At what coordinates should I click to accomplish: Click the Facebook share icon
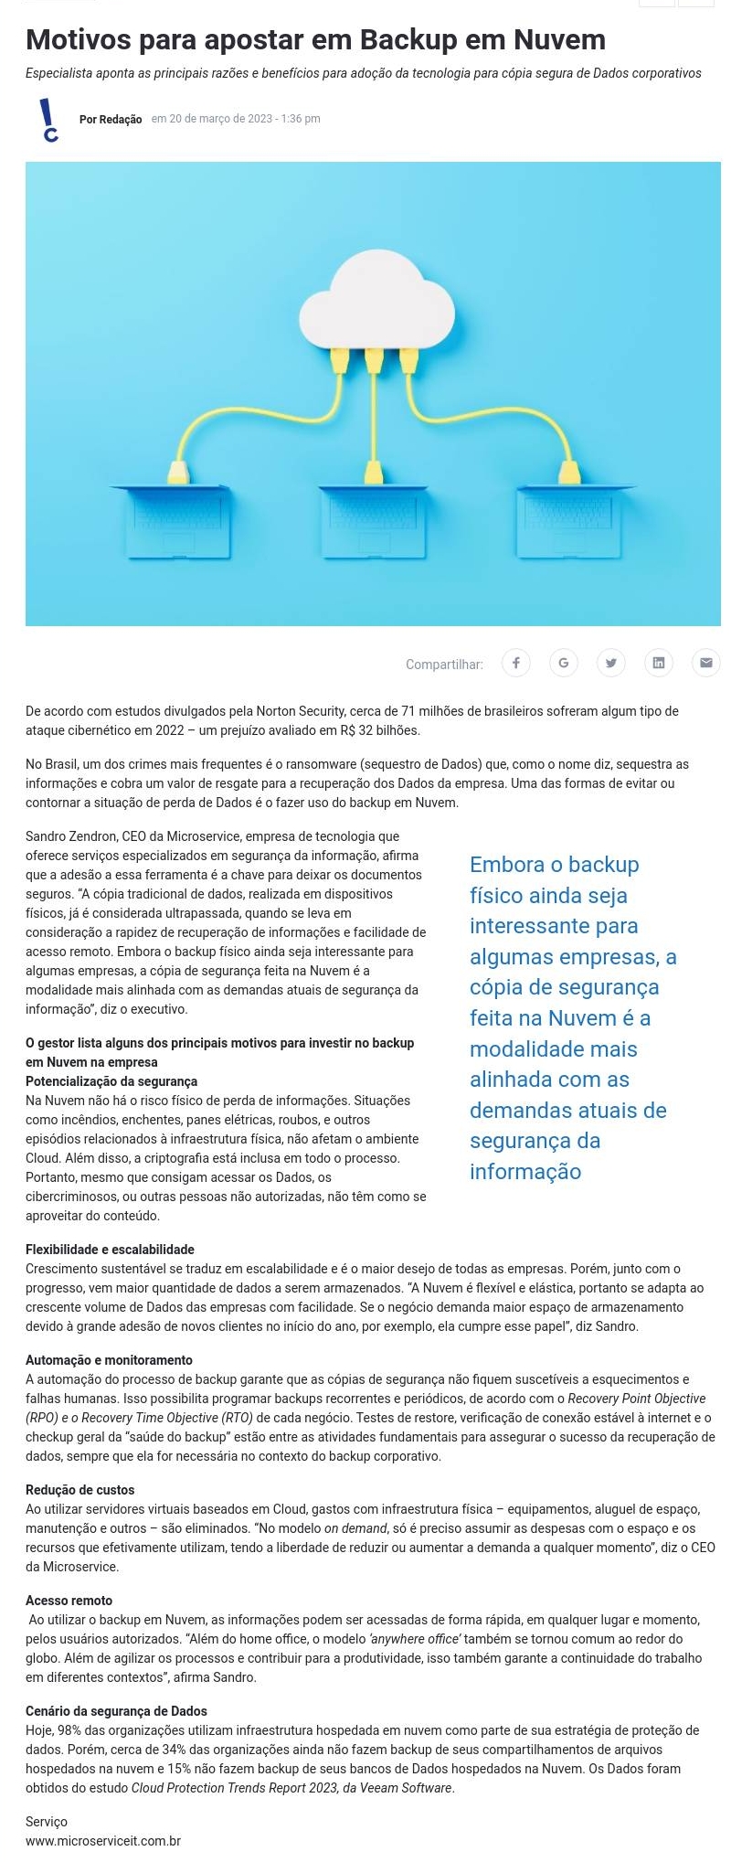tap(516, 663)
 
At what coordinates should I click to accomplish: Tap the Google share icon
tap(564, 663)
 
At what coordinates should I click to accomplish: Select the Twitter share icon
tap(611, 663)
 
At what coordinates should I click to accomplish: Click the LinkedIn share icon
tap(659, 663)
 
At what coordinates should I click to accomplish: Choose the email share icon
tap(705, 663)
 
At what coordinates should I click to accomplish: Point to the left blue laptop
tap(171, 520)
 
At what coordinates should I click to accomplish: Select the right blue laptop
tap(574, 520)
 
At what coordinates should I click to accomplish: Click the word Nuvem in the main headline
tap(559, 39)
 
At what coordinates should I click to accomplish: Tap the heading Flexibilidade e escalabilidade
tap(110, 1250)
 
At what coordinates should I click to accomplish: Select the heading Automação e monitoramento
tap(109, 1360)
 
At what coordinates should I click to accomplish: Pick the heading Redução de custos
tap(79, 1490)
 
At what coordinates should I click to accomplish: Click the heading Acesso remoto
tap(69, 1601)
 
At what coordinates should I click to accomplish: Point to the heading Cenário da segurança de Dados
tap(116, 1711)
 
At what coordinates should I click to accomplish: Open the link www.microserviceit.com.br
tap(103, 1841)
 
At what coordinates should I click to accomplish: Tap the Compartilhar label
tap(444, 665)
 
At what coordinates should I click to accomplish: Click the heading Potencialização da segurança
tap(111, 1081)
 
